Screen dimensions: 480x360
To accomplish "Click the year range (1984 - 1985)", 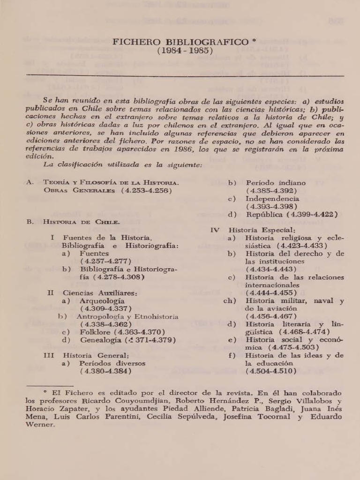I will pyautogui.click(x=185, y=51).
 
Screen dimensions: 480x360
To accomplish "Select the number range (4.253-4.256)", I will pyautogui.click(x=146, y=191).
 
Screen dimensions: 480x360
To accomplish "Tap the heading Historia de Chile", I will pyautogui.click(x=82, y=222).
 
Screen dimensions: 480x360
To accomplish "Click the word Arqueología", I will pyautogui.click(x=102, y=301).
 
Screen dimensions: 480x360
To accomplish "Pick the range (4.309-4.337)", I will pyautogui.click(x=105, y=309).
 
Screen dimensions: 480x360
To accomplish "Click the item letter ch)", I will pyautogui.click(x=229, y=301).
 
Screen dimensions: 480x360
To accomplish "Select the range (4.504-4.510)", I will pyautogui.click(x=270, y=371).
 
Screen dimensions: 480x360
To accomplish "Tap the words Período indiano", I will pyautogui.click(x=276, y=183).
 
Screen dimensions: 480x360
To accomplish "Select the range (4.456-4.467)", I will pyautogui.click(x=270, y=316).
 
